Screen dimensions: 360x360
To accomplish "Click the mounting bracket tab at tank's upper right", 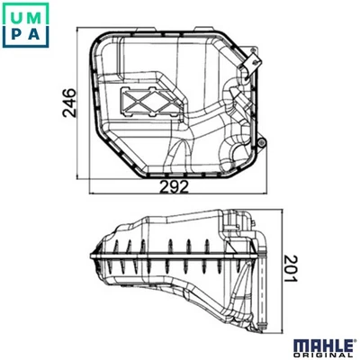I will click(253, 60).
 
